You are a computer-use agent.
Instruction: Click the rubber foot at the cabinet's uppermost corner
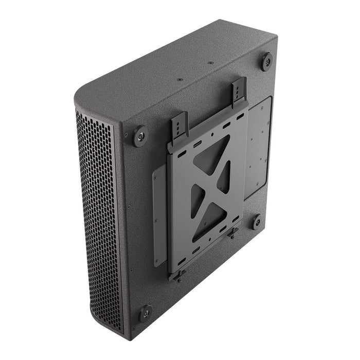266,62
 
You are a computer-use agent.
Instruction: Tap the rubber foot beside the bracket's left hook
139,136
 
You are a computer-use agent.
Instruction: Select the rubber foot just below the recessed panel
257,222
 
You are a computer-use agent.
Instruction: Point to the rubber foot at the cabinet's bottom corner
146,312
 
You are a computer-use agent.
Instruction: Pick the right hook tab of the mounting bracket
239,92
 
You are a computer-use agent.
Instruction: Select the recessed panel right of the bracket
259,144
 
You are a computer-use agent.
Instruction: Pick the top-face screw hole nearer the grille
179,80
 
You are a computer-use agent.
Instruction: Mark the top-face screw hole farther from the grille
210,63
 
